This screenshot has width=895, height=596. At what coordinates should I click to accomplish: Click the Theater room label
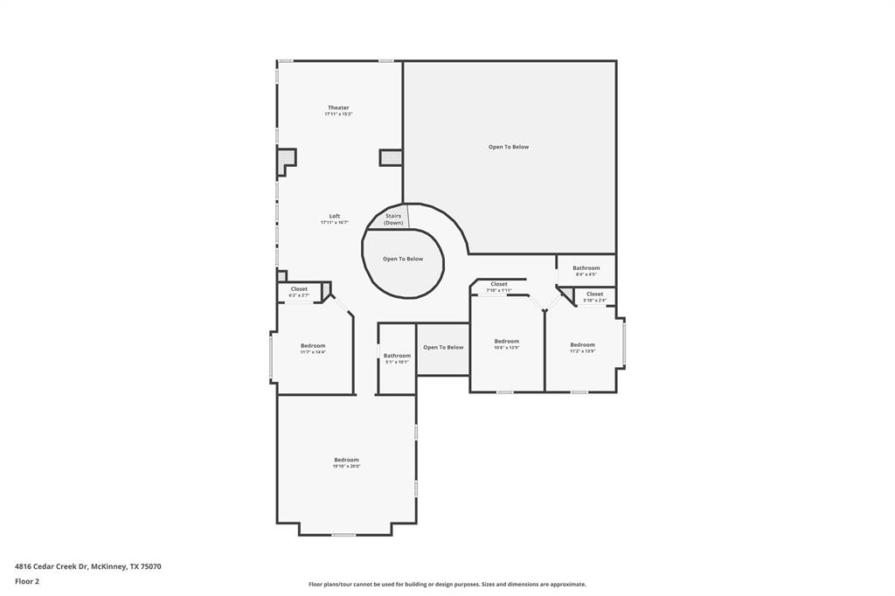click(338, 107)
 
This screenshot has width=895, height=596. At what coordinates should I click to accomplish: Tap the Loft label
click(334, 216)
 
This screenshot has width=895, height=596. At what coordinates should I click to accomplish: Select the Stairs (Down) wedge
click(392, 218)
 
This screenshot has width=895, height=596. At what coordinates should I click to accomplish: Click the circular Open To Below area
click(402, 260)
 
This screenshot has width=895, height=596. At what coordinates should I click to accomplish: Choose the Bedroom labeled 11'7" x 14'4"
click(313, 348)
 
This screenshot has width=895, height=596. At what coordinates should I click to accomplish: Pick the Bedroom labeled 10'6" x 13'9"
click(506, 343)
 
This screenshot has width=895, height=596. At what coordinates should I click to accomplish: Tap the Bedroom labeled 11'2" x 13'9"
click(582, 347)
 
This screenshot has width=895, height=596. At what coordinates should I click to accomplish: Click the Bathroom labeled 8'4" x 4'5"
click(586, 271)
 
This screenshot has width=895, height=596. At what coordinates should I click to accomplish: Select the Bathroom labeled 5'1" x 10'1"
click(397, 358)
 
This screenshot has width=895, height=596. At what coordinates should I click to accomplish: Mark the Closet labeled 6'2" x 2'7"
click(299, 292)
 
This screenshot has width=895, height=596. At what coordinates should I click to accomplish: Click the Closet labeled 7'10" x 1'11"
click(498, 287)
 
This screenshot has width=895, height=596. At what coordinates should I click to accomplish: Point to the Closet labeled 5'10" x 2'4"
click(594, 297)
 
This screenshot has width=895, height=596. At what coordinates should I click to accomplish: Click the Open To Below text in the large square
click(509, 147)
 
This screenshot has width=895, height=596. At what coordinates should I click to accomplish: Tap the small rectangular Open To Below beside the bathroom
click(443, 348)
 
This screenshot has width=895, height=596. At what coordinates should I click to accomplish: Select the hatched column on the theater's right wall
click(391, 157)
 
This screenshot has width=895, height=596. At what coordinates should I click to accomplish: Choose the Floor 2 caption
click(27, 580)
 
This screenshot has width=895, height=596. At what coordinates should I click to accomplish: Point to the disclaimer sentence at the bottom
click(447, 584)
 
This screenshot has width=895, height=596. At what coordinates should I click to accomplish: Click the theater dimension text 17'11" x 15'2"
click(338, 114)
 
